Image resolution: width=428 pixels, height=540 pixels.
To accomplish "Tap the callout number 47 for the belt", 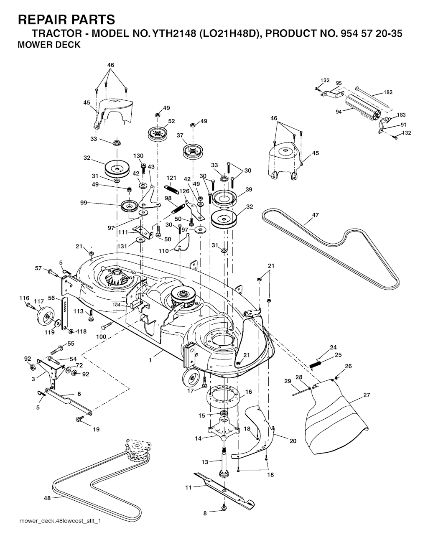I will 315,215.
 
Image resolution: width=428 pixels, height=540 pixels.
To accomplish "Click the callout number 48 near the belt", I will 48,498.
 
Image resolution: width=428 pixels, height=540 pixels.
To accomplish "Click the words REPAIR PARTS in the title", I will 66,19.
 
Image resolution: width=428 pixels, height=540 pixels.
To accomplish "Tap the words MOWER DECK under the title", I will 49,45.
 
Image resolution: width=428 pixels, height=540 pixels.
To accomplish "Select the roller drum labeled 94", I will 362,110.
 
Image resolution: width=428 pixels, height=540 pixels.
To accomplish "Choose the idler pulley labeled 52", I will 157,134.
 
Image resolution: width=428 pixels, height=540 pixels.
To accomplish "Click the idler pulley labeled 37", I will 193,150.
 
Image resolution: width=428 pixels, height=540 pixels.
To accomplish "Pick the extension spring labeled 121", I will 172,189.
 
